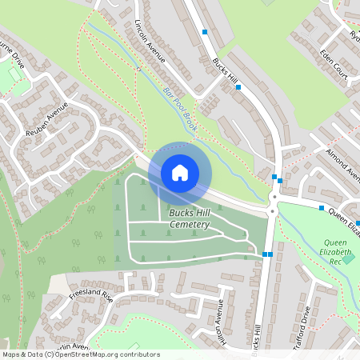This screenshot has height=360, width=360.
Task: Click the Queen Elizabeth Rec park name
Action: (341, 251)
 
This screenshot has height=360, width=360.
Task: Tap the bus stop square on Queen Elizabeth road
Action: (322, 208)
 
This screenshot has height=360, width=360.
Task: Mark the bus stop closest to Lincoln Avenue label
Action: (206, 32)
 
